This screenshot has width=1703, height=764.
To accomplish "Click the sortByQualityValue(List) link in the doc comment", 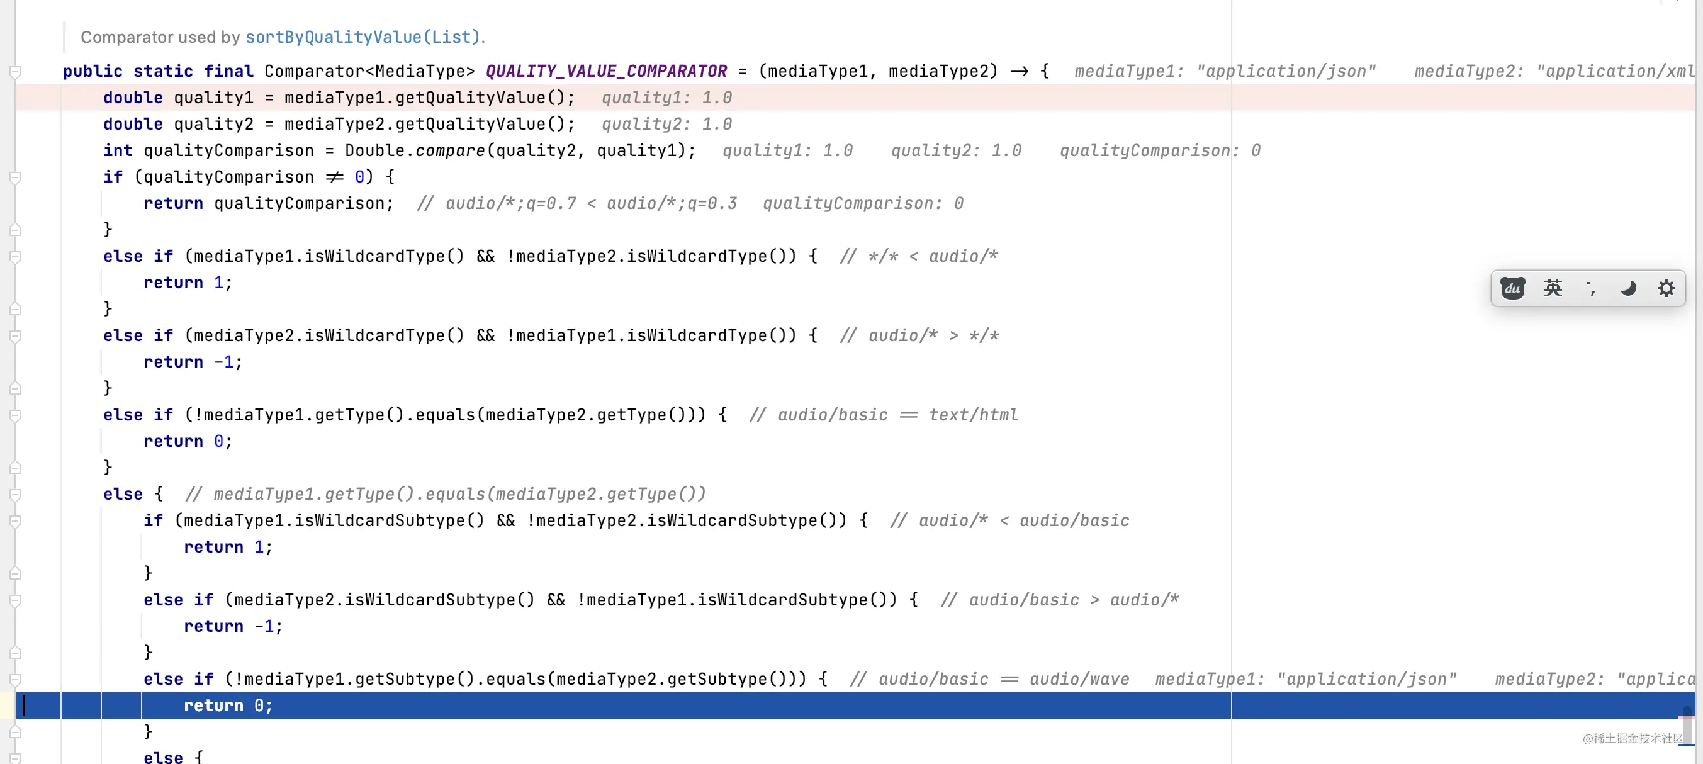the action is pos(363,37).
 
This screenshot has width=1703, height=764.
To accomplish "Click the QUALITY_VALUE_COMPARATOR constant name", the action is pos(606,71).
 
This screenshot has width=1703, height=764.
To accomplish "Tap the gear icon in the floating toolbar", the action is pos(1666,288).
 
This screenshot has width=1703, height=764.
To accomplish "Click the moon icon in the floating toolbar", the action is pos(1628,288).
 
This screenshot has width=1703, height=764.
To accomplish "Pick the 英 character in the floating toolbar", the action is pos(1553,288).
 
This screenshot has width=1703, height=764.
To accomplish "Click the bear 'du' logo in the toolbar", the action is pos(1512,288).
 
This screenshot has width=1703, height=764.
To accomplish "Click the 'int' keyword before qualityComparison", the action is pos(118,150).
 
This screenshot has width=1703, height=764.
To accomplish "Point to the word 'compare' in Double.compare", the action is pos(450,150).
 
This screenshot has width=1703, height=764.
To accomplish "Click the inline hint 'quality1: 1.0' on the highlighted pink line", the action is pos(666,98).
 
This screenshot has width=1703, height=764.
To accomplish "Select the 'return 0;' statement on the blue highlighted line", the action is pos(228,706).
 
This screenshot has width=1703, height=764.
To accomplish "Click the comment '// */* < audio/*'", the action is pos(919,256).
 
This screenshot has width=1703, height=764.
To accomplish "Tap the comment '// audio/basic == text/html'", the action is pos(884,415).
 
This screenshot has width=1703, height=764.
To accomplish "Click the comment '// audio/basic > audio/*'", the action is pos(1060,600).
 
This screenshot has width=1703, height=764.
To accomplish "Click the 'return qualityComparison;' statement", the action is pos(268,203).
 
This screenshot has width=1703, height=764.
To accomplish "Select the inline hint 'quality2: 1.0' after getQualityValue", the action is pos(666,124).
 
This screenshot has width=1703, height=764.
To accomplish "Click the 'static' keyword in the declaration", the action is pos(163,71).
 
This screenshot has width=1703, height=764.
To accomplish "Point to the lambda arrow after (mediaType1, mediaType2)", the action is pos(1019,71).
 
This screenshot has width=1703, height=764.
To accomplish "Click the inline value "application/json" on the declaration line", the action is pos(1286,71).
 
